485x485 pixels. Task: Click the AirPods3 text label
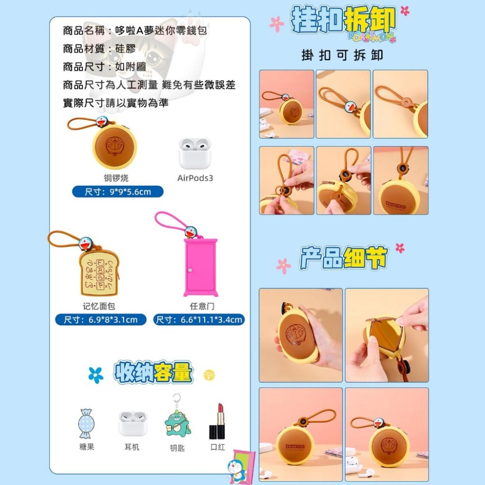point(195,178)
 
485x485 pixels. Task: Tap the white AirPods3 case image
point(195,153)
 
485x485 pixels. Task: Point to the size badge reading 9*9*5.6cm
point(118,192)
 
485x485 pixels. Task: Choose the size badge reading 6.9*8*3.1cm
point(100,320)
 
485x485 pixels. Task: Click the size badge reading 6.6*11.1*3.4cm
point(199,320)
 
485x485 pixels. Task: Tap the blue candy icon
point(86,423)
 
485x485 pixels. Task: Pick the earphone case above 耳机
point(132,423)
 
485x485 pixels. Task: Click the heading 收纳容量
point(153,373)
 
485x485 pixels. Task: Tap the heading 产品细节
point(343,259)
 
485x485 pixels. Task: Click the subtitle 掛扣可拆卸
point(342,55)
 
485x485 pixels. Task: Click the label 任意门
point(202,307)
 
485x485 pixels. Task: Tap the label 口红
point(218,447)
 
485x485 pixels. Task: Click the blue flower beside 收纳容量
point(96,374)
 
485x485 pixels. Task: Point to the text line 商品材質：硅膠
point(99,48)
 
